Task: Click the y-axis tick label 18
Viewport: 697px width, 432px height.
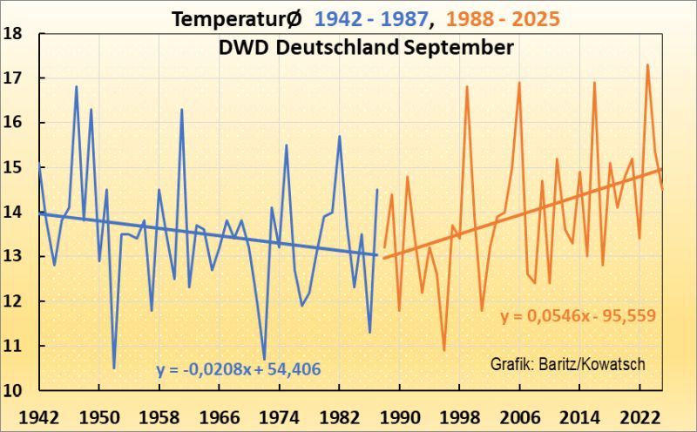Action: [17, 34]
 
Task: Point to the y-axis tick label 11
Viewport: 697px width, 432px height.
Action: [17, 346]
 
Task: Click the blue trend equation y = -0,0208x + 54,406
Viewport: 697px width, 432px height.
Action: [239, 368]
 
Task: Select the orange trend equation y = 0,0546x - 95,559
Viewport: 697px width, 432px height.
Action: [578, 317]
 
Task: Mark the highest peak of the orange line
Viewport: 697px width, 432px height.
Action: [647, 64]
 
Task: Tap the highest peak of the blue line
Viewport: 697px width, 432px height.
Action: [76, 86]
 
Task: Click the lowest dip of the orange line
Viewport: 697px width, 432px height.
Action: [444, 350]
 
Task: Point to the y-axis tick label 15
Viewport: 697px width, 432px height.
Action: [17, 167]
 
